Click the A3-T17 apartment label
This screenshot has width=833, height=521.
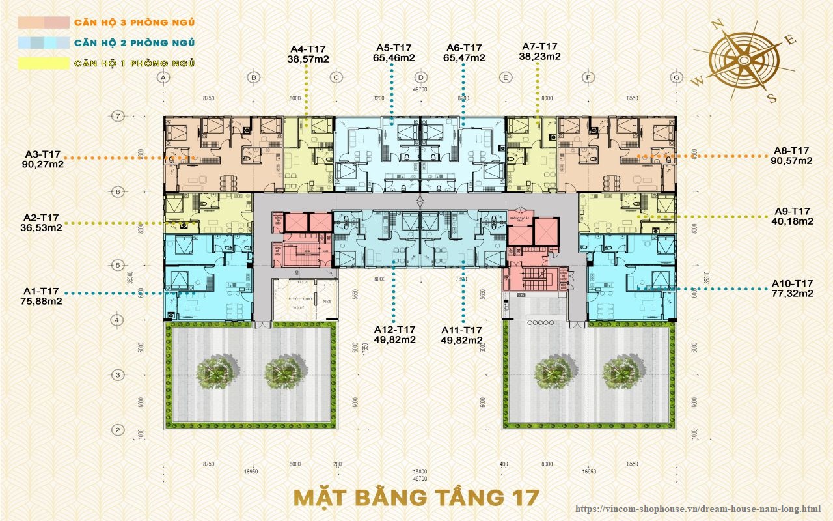[x=42, y=154]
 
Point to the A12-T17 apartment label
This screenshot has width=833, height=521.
[x=395, y=330]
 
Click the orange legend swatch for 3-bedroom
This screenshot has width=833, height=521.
[x=43, y=22]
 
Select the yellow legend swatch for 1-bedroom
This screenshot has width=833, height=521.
[x=43, y=63]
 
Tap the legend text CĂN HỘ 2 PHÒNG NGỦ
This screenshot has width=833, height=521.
[x=135, y=43]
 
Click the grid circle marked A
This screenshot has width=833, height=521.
[x=164, y=77]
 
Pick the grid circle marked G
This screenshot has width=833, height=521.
[x=677, y=77]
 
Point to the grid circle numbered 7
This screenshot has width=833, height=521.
[x=118, y=116]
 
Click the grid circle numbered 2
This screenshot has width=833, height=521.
[x=118, y=430]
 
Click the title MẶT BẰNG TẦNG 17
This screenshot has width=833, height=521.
[x=416, y=497]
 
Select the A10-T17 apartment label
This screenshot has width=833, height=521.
[x=792, y=283]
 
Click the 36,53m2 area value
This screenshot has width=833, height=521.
[x=42, y=228]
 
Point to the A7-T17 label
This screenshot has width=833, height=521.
[x=540, y=46]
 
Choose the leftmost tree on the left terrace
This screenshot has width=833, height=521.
[x=215, y=371]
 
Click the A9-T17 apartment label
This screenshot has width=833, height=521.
[x=792, y=211]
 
